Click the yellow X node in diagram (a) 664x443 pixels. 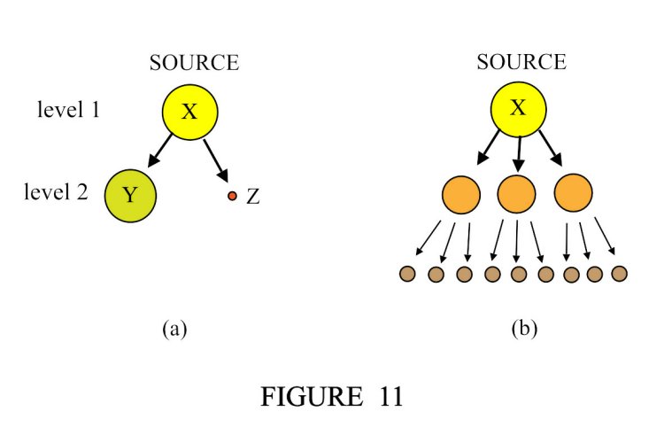pyautogui.click(x=189, y=112)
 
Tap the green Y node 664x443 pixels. pyautogui.click(x=130, y=195)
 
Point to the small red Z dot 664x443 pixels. pyautogui.click(x=232, y=196)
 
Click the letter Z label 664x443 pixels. pyautogui.click(x=253, y=197)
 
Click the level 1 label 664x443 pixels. pyautogui.click(x=68, y=111)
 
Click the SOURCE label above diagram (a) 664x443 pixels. pyautogui.click(x=194, y=64)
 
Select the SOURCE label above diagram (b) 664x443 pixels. pyautogui.click(x=521, y=63)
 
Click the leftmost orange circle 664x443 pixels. pyautogui.click(x=461, y=194)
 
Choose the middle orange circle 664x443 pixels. pyautogui.click(x=519, y=194)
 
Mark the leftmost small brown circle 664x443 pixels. pyautogui.click(x=408, y=274)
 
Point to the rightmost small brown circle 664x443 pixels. pyautogui.click(x=620, y=273)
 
